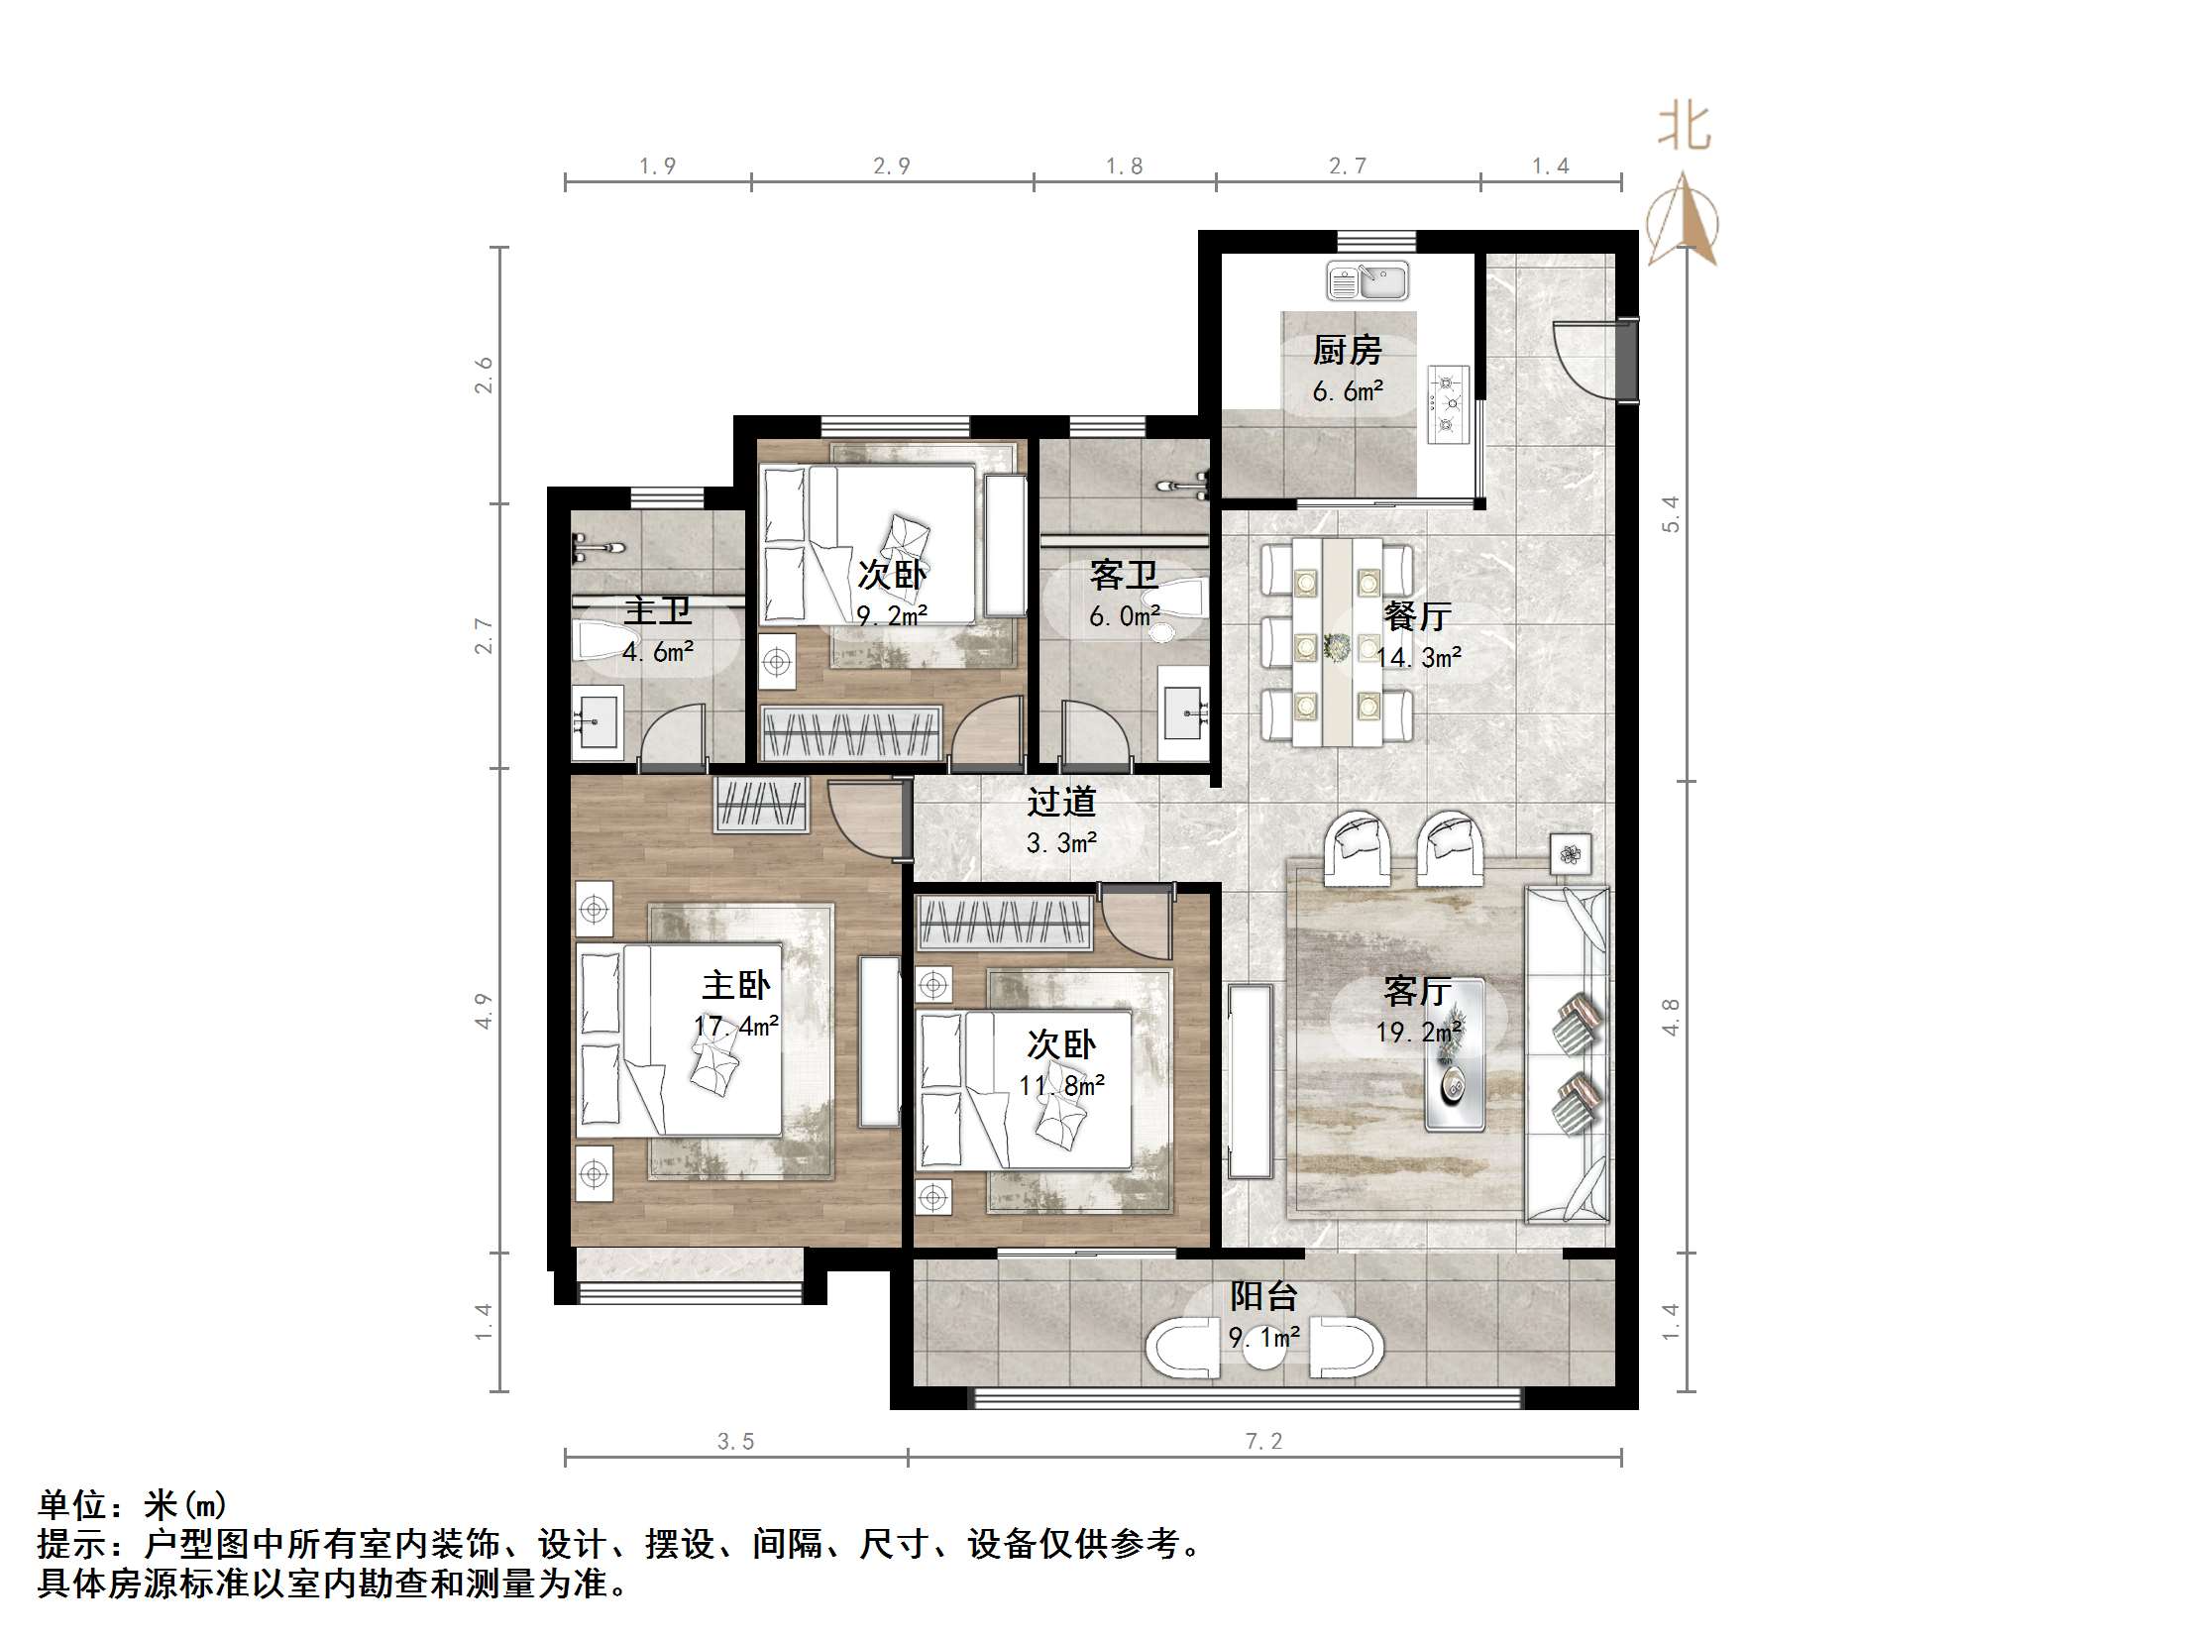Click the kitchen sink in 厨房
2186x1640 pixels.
pos(1366,281)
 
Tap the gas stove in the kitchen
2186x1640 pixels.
pos(1448,403)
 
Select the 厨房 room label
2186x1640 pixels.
pos(1347,350)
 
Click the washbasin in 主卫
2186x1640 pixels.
pos(598,725)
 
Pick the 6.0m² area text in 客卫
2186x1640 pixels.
pos(1125,616)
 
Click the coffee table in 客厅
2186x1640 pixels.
pos(1454,1054)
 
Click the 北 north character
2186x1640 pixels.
pos(1685,129)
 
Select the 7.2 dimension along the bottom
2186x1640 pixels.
pos(1263,1442)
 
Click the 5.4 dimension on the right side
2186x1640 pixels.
pos(1671,514)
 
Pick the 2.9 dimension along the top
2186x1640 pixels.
pos(892,166)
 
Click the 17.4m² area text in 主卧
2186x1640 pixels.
pos(736,1027)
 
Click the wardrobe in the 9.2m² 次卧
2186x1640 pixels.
pos(850,734)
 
